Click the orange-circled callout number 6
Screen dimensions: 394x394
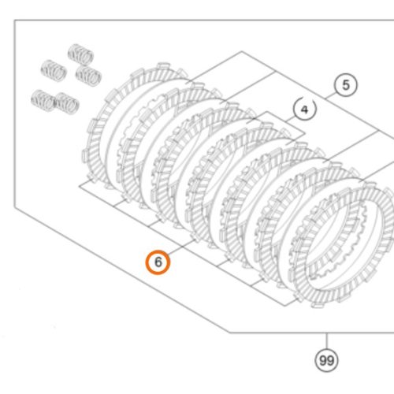[x=158, y=262]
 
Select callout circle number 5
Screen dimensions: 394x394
[x=346, y=85]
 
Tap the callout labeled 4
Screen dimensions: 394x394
[x=305, y=109]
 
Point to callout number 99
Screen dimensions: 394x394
[x=326, y=360]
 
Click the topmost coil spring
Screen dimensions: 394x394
[x=80, y=54]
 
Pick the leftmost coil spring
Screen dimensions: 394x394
[x=43, y=101]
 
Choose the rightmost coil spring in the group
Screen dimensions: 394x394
[x=88, y=75]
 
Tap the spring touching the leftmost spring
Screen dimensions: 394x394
[x=67, y=103]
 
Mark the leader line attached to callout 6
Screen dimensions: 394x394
[x=181, y=247]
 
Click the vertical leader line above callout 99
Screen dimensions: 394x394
[x=327, y=340]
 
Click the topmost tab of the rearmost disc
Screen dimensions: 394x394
[x=163, y=65]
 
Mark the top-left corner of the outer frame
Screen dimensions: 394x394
[x=14, y=20]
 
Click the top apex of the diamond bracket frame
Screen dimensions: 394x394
[x=242, y=51]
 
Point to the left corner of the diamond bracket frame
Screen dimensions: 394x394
[x=79, y=186]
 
